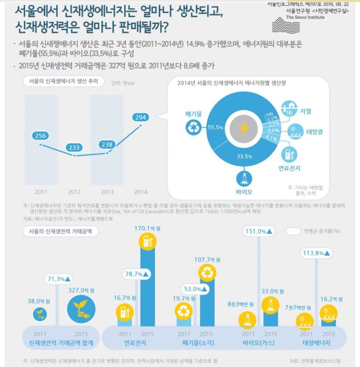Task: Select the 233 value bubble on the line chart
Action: click(x=74, y=148)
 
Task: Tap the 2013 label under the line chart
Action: click(x=108, y=192)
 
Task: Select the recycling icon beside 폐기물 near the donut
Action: click(x=193, y=128)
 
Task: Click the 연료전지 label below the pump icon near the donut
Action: click(x=289, y=168)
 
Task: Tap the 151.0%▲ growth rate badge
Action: click(x=259, y=231)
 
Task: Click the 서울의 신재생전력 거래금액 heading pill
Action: click(x=61, y=231)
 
